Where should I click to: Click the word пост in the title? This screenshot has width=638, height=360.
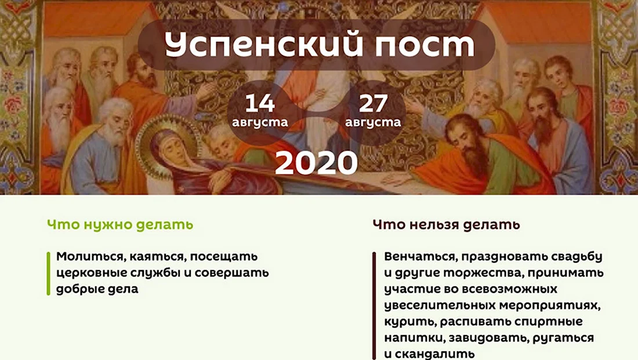(x=425, y=45)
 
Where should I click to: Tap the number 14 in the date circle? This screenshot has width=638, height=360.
(x=260, y=103)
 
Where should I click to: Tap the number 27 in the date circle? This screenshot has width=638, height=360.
(x=373, y=103)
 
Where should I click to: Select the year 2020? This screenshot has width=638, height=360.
(x=317, y=163)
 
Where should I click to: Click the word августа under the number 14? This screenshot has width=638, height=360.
(x=260, y=122)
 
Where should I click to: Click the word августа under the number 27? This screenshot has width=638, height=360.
(x=373, y=122)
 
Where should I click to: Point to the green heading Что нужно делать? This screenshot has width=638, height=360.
(x=120, y=224)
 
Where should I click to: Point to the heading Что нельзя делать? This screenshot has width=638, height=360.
(x=447, y=224)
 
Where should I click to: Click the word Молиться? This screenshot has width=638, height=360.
(x=90, y=257)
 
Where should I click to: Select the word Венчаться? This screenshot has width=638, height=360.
(x=420, y=257)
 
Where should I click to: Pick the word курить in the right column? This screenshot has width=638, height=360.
(x=409, y=322)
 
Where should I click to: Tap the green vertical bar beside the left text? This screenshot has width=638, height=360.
(x=48, y=274)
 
